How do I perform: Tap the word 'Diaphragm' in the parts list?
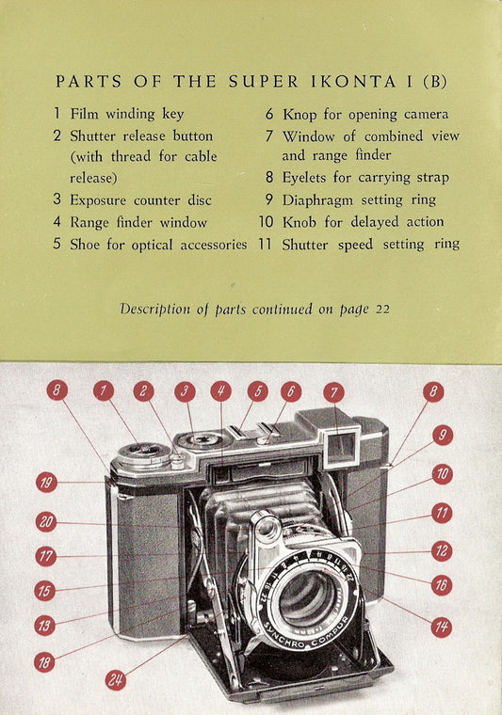[317, 200]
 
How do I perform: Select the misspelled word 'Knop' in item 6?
[299, 115]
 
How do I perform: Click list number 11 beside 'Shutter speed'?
[266, 244]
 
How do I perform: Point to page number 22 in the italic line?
[382, 310]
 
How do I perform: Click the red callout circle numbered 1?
[104, 391]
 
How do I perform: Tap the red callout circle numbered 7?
[333, 392]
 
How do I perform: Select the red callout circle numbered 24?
[116, 680]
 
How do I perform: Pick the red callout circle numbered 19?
[46, 483]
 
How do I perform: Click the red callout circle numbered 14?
[442, 627]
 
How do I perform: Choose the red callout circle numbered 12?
[442, 551]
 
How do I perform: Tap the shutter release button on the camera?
[177, 462]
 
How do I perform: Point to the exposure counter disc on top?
[200, 440]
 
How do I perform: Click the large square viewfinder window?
[341, 447]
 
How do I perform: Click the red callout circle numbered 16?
[442, 585]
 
